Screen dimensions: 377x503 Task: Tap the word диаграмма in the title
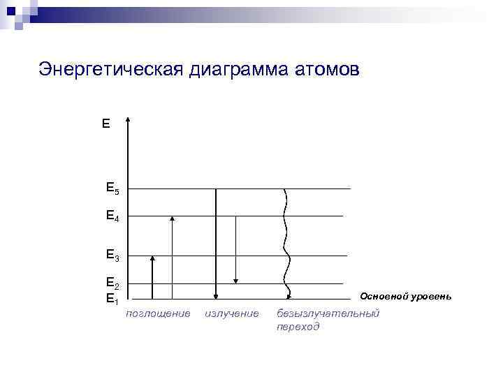233,70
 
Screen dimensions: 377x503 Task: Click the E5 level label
112,188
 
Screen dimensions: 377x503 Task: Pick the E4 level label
112,216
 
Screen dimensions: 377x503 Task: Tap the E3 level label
112,256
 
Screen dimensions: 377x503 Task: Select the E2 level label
112,283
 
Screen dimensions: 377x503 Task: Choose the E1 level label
112,300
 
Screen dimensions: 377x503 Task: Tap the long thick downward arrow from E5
216,244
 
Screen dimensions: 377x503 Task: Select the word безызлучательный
328,314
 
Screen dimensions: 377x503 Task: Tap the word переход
298,327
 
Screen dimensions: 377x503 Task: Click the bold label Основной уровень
405,297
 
